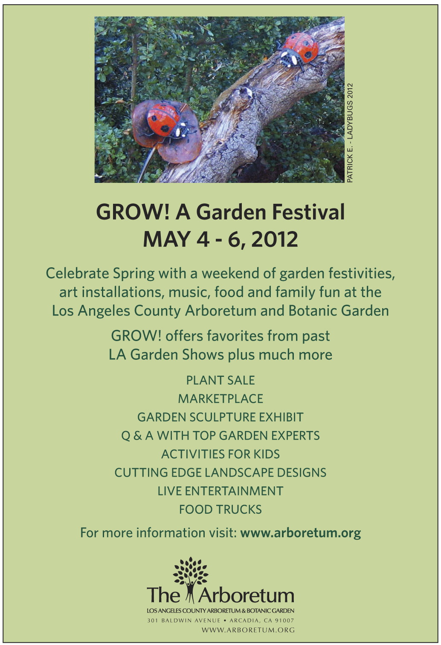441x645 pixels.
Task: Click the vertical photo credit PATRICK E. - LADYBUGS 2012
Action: (x=350, y=133)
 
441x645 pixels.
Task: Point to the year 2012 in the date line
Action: (x=274, y=239)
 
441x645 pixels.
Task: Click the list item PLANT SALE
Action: (x=220, y=380)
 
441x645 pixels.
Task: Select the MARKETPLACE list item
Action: (x=220, y=399)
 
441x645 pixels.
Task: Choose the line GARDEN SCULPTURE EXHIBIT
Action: (x=220, y=417)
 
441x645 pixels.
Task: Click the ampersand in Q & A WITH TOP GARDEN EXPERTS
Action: (x=138, y=436)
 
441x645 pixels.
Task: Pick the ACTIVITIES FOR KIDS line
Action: (x=220, y=454)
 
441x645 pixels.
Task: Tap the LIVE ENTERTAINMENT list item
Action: (x=220, y=491)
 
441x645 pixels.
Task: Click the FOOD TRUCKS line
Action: (x=220, y=509)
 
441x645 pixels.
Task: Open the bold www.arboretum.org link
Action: (x=300, y=533)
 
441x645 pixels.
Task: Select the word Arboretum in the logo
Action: (x=246, y=595)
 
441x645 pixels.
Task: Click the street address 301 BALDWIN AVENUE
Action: (x=184, y=621)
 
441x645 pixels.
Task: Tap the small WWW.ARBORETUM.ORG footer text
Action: (x=248, y=630)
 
